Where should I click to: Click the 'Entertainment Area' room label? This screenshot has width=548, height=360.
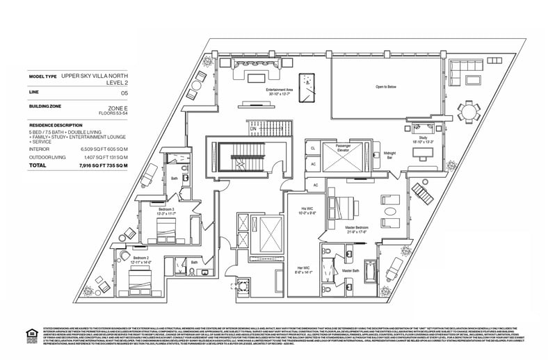pos(280,90)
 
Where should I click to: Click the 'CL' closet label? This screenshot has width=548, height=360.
pos(314,148)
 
